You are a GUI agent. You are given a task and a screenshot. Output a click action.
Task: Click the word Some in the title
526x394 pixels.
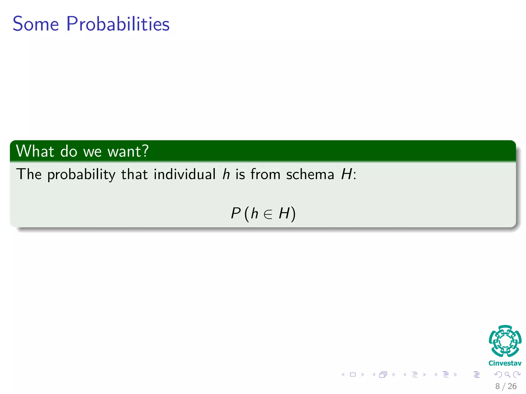36,24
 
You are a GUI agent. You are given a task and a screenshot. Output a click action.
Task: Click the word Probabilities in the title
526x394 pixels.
118,24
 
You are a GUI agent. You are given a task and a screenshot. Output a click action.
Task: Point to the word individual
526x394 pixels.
184,174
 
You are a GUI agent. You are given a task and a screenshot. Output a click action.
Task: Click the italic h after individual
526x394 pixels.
226,174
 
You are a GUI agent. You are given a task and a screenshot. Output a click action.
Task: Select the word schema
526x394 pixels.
310,174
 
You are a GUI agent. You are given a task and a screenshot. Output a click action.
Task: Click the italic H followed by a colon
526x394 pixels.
346,174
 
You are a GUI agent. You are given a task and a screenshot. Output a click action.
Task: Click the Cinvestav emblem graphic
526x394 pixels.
505,341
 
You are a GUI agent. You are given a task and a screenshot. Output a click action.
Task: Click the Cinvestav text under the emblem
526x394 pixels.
505,363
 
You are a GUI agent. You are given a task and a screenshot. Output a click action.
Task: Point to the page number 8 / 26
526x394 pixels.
506,386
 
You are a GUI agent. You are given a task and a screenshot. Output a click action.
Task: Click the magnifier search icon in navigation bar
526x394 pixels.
507,375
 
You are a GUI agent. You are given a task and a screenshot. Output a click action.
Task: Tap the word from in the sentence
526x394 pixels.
265,174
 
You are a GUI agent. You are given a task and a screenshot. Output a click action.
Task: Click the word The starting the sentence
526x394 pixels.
29,174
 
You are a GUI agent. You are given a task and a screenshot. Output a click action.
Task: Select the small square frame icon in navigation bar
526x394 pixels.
353,375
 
